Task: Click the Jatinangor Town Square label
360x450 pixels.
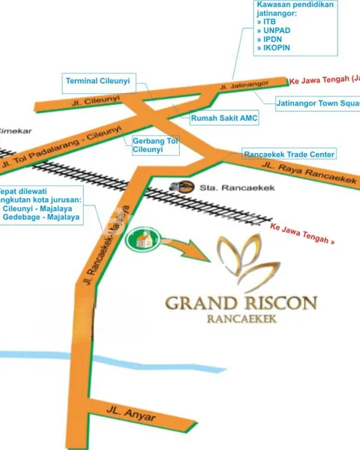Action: tap(318, 103)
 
